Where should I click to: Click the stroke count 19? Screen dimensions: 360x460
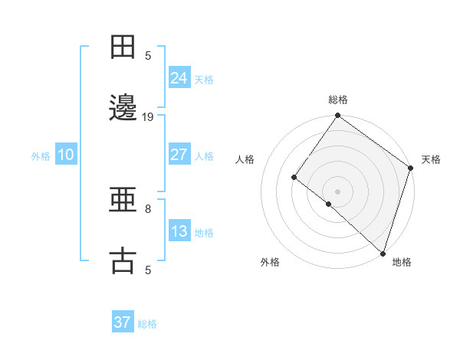(x=148, y=117)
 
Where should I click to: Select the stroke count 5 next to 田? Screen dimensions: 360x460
(x=148, y=56)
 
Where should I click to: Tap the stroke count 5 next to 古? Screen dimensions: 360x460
(x=148, y=270)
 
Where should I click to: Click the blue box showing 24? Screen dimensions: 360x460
(x=179, y=78)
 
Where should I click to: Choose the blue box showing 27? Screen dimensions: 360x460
(x=179, y=155)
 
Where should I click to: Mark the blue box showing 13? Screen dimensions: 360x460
(x=179, y=231)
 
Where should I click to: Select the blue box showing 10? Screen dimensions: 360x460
(x=66, y=155)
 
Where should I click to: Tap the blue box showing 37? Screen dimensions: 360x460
(x=122, y=322)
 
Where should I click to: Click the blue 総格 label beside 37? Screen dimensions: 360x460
(x=147, y=324)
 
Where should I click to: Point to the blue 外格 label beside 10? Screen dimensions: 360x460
(x=41, y=156)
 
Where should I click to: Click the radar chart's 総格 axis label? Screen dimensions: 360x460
(x=338, y=100)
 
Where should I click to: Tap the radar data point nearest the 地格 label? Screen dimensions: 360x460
(x=383, y=253)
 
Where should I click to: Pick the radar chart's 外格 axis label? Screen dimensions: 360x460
(x=270, y=263)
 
